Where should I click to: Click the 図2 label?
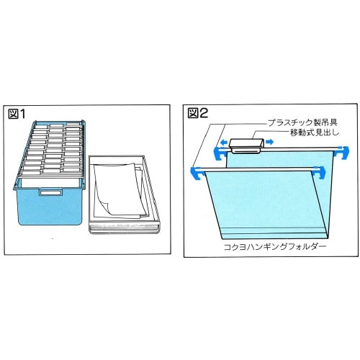pos(197,113)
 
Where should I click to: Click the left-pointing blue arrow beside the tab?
pos(225,143)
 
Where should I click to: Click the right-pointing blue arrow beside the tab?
pos(270,143)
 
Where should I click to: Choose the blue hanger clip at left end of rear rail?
pos(218,150)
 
